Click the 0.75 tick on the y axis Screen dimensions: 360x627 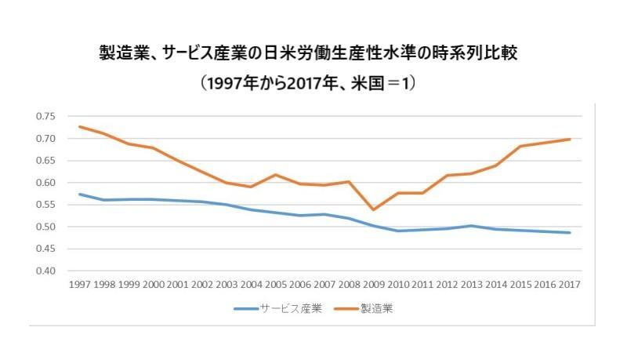point(45,116)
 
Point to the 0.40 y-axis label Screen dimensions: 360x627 point(45,271)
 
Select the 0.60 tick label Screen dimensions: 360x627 point(45,183)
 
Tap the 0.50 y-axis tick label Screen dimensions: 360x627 point(45,227)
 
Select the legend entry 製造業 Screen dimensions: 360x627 point(376,308)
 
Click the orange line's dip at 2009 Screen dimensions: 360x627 point(373,209)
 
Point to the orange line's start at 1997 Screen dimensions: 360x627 point(79,126)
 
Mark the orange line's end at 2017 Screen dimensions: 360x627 point(569,139)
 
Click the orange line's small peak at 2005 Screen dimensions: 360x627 point(275,174)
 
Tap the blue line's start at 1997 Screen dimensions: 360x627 point(79,194)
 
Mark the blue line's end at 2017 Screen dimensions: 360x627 point(569,232)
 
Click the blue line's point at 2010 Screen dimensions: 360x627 point(397,231)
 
